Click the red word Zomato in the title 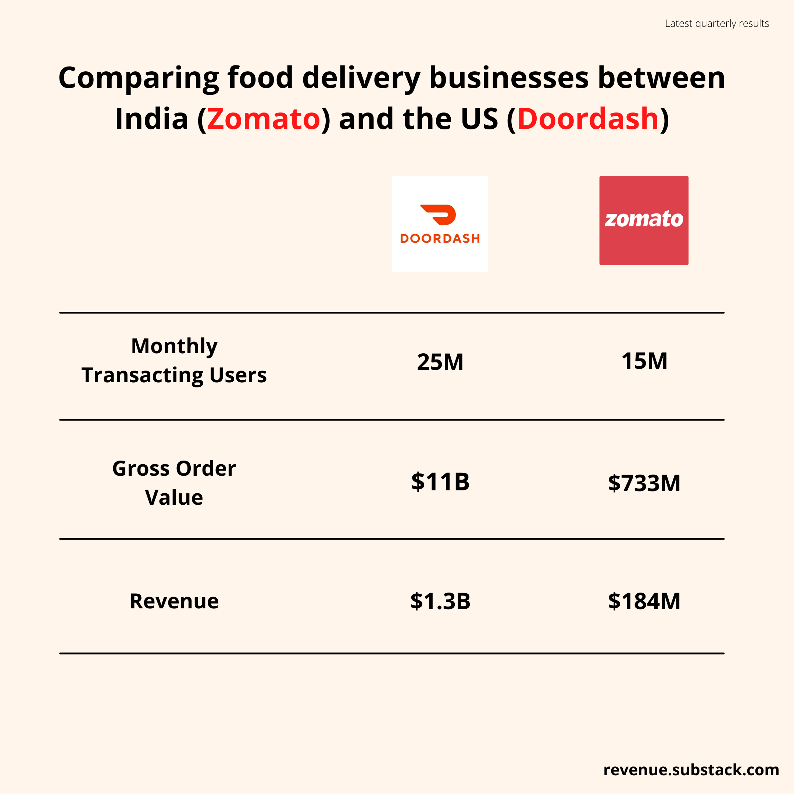(263, 119)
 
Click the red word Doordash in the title (588, 119)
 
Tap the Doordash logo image (440, 223)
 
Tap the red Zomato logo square (644, 220)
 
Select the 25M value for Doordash (440, 362)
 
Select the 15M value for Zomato (644, 361)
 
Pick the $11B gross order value (440, 482)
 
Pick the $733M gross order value (644, 483)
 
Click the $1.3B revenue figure (440, 601)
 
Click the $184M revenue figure (644, 601)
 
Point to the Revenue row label (174, 601)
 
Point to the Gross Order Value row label (174, 483)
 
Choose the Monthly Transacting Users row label (174, 360)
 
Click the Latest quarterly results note (717, 24)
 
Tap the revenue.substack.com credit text (691, 770)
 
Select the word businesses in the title (509, 78)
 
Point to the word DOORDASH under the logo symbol (440, 238)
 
